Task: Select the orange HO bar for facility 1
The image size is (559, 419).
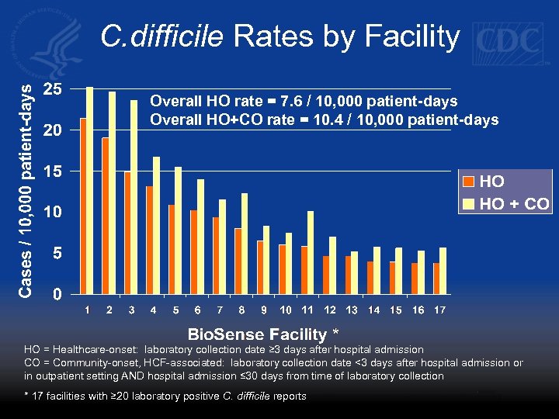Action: [83, 206]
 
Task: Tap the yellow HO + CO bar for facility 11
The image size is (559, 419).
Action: [311, 252]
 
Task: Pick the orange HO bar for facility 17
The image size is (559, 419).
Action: [436, 278]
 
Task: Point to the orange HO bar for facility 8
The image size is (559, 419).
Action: [238, 261]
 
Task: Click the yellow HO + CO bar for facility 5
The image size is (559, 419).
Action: [179, 230]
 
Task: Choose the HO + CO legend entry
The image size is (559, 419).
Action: [506, 204]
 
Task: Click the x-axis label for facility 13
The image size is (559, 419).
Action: [352, 310]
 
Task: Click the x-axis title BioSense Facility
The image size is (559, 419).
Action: [260, 334]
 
